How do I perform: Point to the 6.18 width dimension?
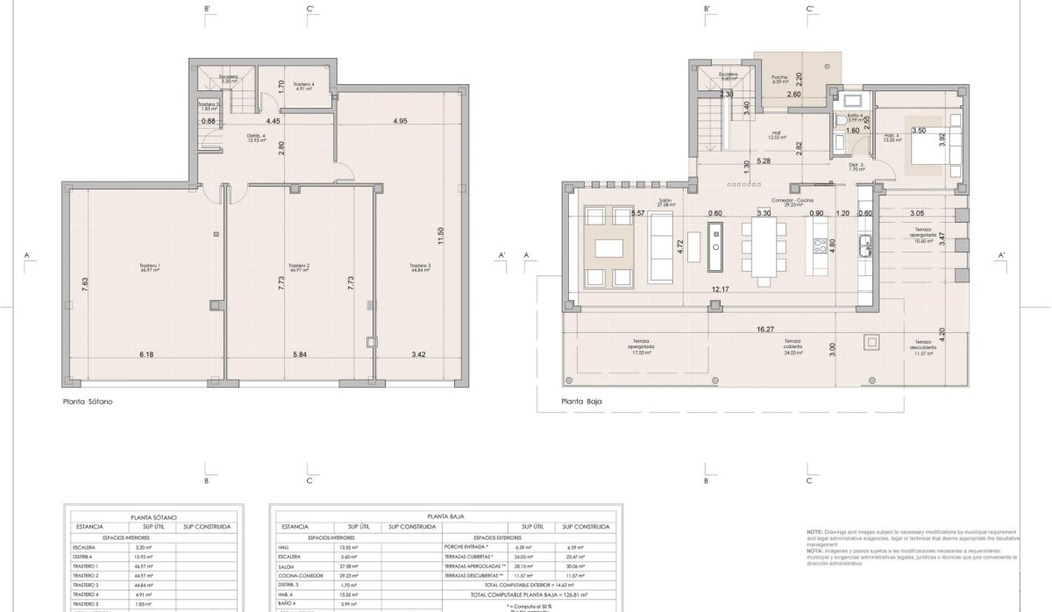tap(146, 355)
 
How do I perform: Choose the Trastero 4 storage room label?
tap(304, 86)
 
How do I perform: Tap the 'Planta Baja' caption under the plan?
tap(581, 402)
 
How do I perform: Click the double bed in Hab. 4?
tap(919, 145)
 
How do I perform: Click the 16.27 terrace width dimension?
tap(765, 331)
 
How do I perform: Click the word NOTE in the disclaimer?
tap(815, 532)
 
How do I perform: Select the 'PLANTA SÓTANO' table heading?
tap(153, 517)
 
